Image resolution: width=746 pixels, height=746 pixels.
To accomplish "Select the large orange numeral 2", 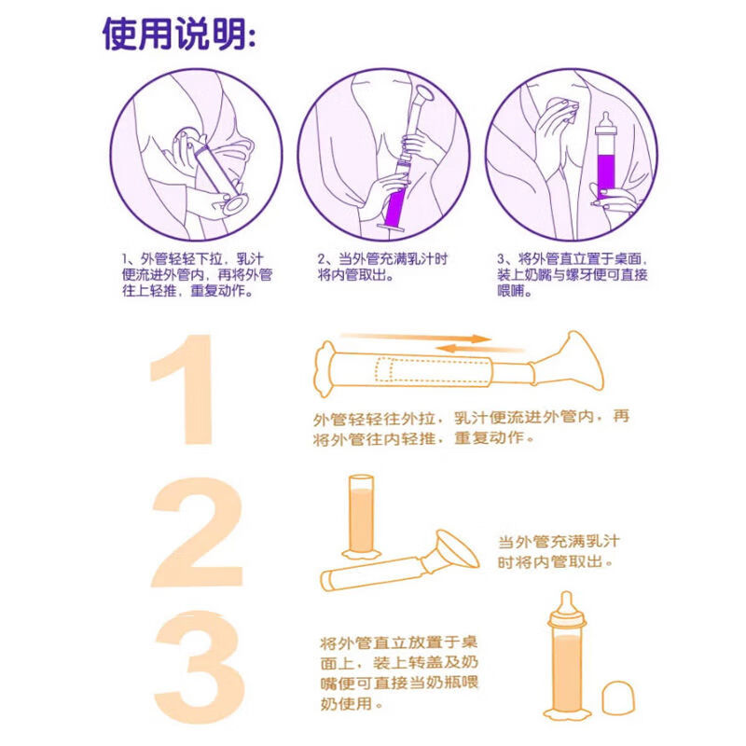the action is (198, 532).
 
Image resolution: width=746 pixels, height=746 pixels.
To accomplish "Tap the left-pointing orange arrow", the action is (479, 349).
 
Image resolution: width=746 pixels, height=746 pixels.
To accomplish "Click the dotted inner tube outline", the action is (433, 369).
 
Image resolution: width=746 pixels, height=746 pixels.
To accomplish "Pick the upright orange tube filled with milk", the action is (361, 517).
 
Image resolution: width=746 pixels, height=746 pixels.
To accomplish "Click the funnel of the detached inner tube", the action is (457, 549).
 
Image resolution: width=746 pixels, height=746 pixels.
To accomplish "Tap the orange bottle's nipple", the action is (566, 605).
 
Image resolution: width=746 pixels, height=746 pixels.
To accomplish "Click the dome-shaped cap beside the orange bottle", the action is (618, 698).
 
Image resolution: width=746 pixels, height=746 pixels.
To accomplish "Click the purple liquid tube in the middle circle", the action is (395, 205).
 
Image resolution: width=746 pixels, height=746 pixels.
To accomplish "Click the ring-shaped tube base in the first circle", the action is (235, 204).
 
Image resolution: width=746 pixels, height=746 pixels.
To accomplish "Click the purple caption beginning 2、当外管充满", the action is (382, 267).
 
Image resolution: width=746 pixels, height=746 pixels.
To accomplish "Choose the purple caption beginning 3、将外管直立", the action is (573, 275).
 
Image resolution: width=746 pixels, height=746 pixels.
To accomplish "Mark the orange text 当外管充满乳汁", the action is (559, 542).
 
